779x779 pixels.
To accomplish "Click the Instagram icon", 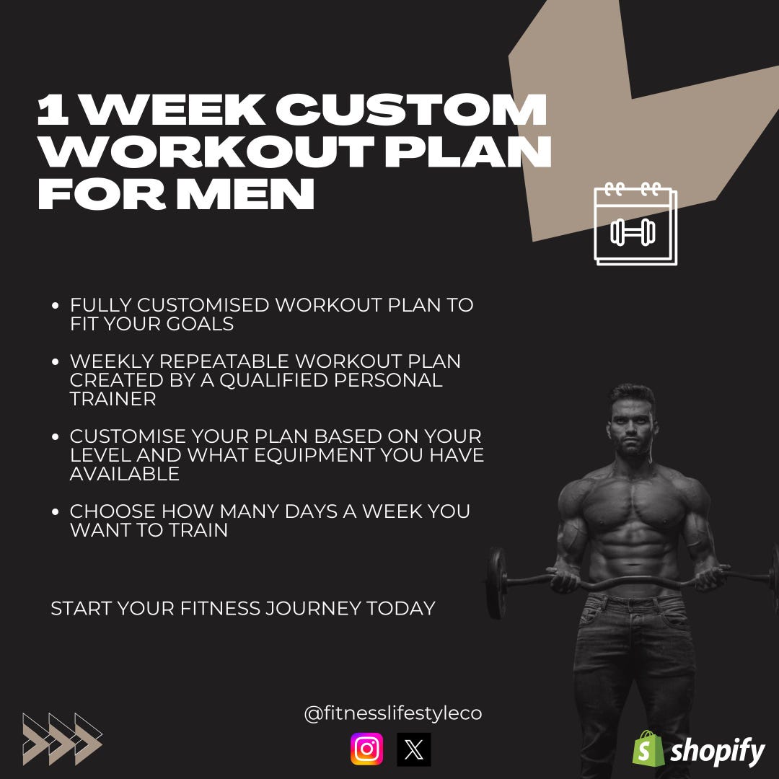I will click(367, 749).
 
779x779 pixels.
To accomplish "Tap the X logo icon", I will click(414, 749).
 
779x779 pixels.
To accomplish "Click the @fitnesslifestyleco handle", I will click(392, 714).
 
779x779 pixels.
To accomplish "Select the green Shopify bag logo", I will click(647, 749).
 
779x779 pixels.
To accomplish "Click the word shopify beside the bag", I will click(718, 752).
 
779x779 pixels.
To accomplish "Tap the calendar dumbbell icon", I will click(635, 224).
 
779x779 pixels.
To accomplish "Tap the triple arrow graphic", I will click(62, 739).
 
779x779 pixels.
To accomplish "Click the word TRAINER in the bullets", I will click(113, 399).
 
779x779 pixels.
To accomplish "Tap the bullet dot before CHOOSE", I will click(56, 512).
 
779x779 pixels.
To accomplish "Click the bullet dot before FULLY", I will click(56, 306).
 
